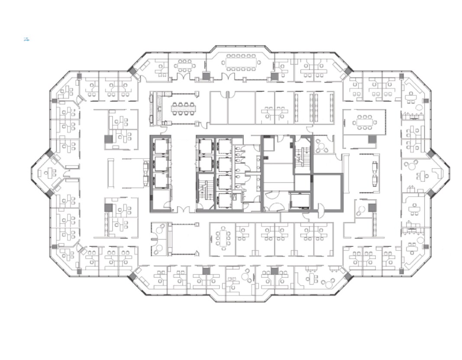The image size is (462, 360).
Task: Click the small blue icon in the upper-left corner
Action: tap(26, 39)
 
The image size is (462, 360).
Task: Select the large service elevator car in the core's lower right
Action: tap(300, 200)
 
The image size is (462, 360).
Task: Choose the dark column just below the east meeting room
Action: tap(372, 139)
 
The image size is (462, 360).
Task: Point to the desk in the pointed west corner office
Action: tap(51, 172)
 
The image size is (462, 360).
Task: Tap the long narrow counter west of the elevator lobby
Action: tap(110, 173)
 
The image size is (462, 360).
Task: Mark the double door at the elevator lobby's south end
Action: tap(184, 210)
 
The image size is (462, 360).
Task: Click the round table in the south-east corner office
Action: tap(420, 240)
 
